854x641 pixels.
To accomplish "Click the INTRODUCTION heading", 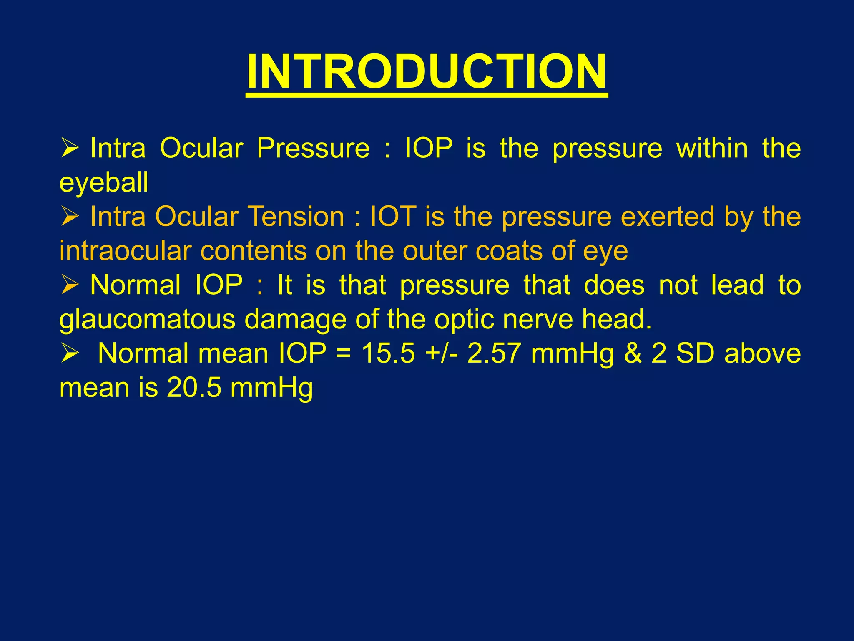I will (426, 72).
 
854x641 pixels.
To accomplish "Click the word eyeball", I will (103, 183).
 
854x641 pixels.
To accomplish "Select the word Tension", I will (296, 217).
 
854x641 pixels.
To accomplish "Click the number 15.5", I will (388, 353).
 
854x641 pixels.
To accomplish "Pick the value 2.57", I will (494, 353).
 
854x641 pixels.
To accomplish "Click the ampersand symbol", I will (633, 353).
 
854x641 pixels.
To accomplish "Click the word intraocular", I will (125, 251).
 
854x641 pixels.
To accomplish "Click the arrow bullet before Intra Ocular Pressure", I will (70, 148).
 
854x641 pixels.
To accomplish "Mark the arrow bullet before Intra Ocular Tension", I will (70, 217).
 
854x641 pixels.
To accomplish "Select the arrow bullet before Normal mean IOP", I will (70, 353).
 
